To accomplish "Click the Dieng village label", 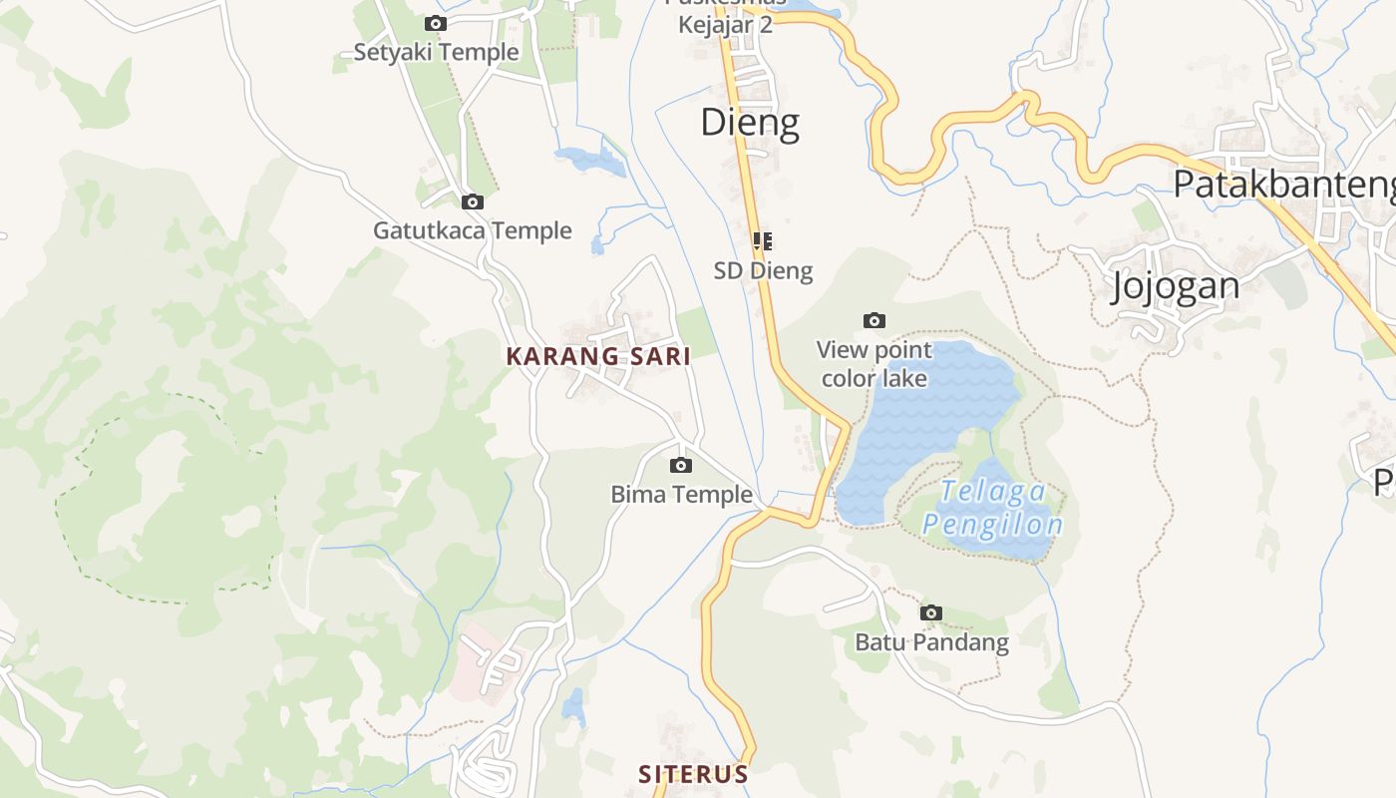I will click(x=750, y=123).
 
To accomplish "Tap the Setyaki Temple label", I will click(x=436, y=52).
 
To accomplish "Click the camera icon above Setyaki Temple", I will click(x=436, y=23).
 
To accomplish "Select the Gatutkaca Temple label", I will click(x=473, y=230).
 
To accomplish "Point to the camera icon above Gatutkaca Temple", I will click(x=473, y=201).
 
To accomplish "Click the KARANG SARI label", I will click(x=598, y=356).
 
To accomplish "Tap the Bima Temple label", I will click(x=681, y=494).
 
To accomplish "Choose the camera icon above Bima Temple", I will click(x=681, y=465).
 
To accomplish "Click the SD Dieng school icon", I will click(x=763, y=240).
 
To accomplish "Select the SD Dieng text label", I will click(x=763, y=270).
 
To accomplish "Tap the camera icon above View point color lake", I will click(x=874, y=320).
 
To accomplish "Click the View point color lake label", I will click(x=874, y=364).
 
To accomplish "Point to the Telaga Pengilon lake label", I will click(x=993, y=508).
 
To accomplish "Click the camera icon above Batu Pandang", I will click(x=931, y=612).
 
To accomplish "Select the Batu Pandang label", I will click(x=931, y=642).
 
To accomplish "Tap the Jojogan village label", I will click(x=1176, y=286).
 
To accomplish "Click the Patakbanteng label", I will click(x=1282, y=185).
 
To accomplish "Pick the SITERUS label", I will click(x=693, y=774).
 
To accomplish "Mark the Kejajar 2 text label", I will click(x=725, y=24).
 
